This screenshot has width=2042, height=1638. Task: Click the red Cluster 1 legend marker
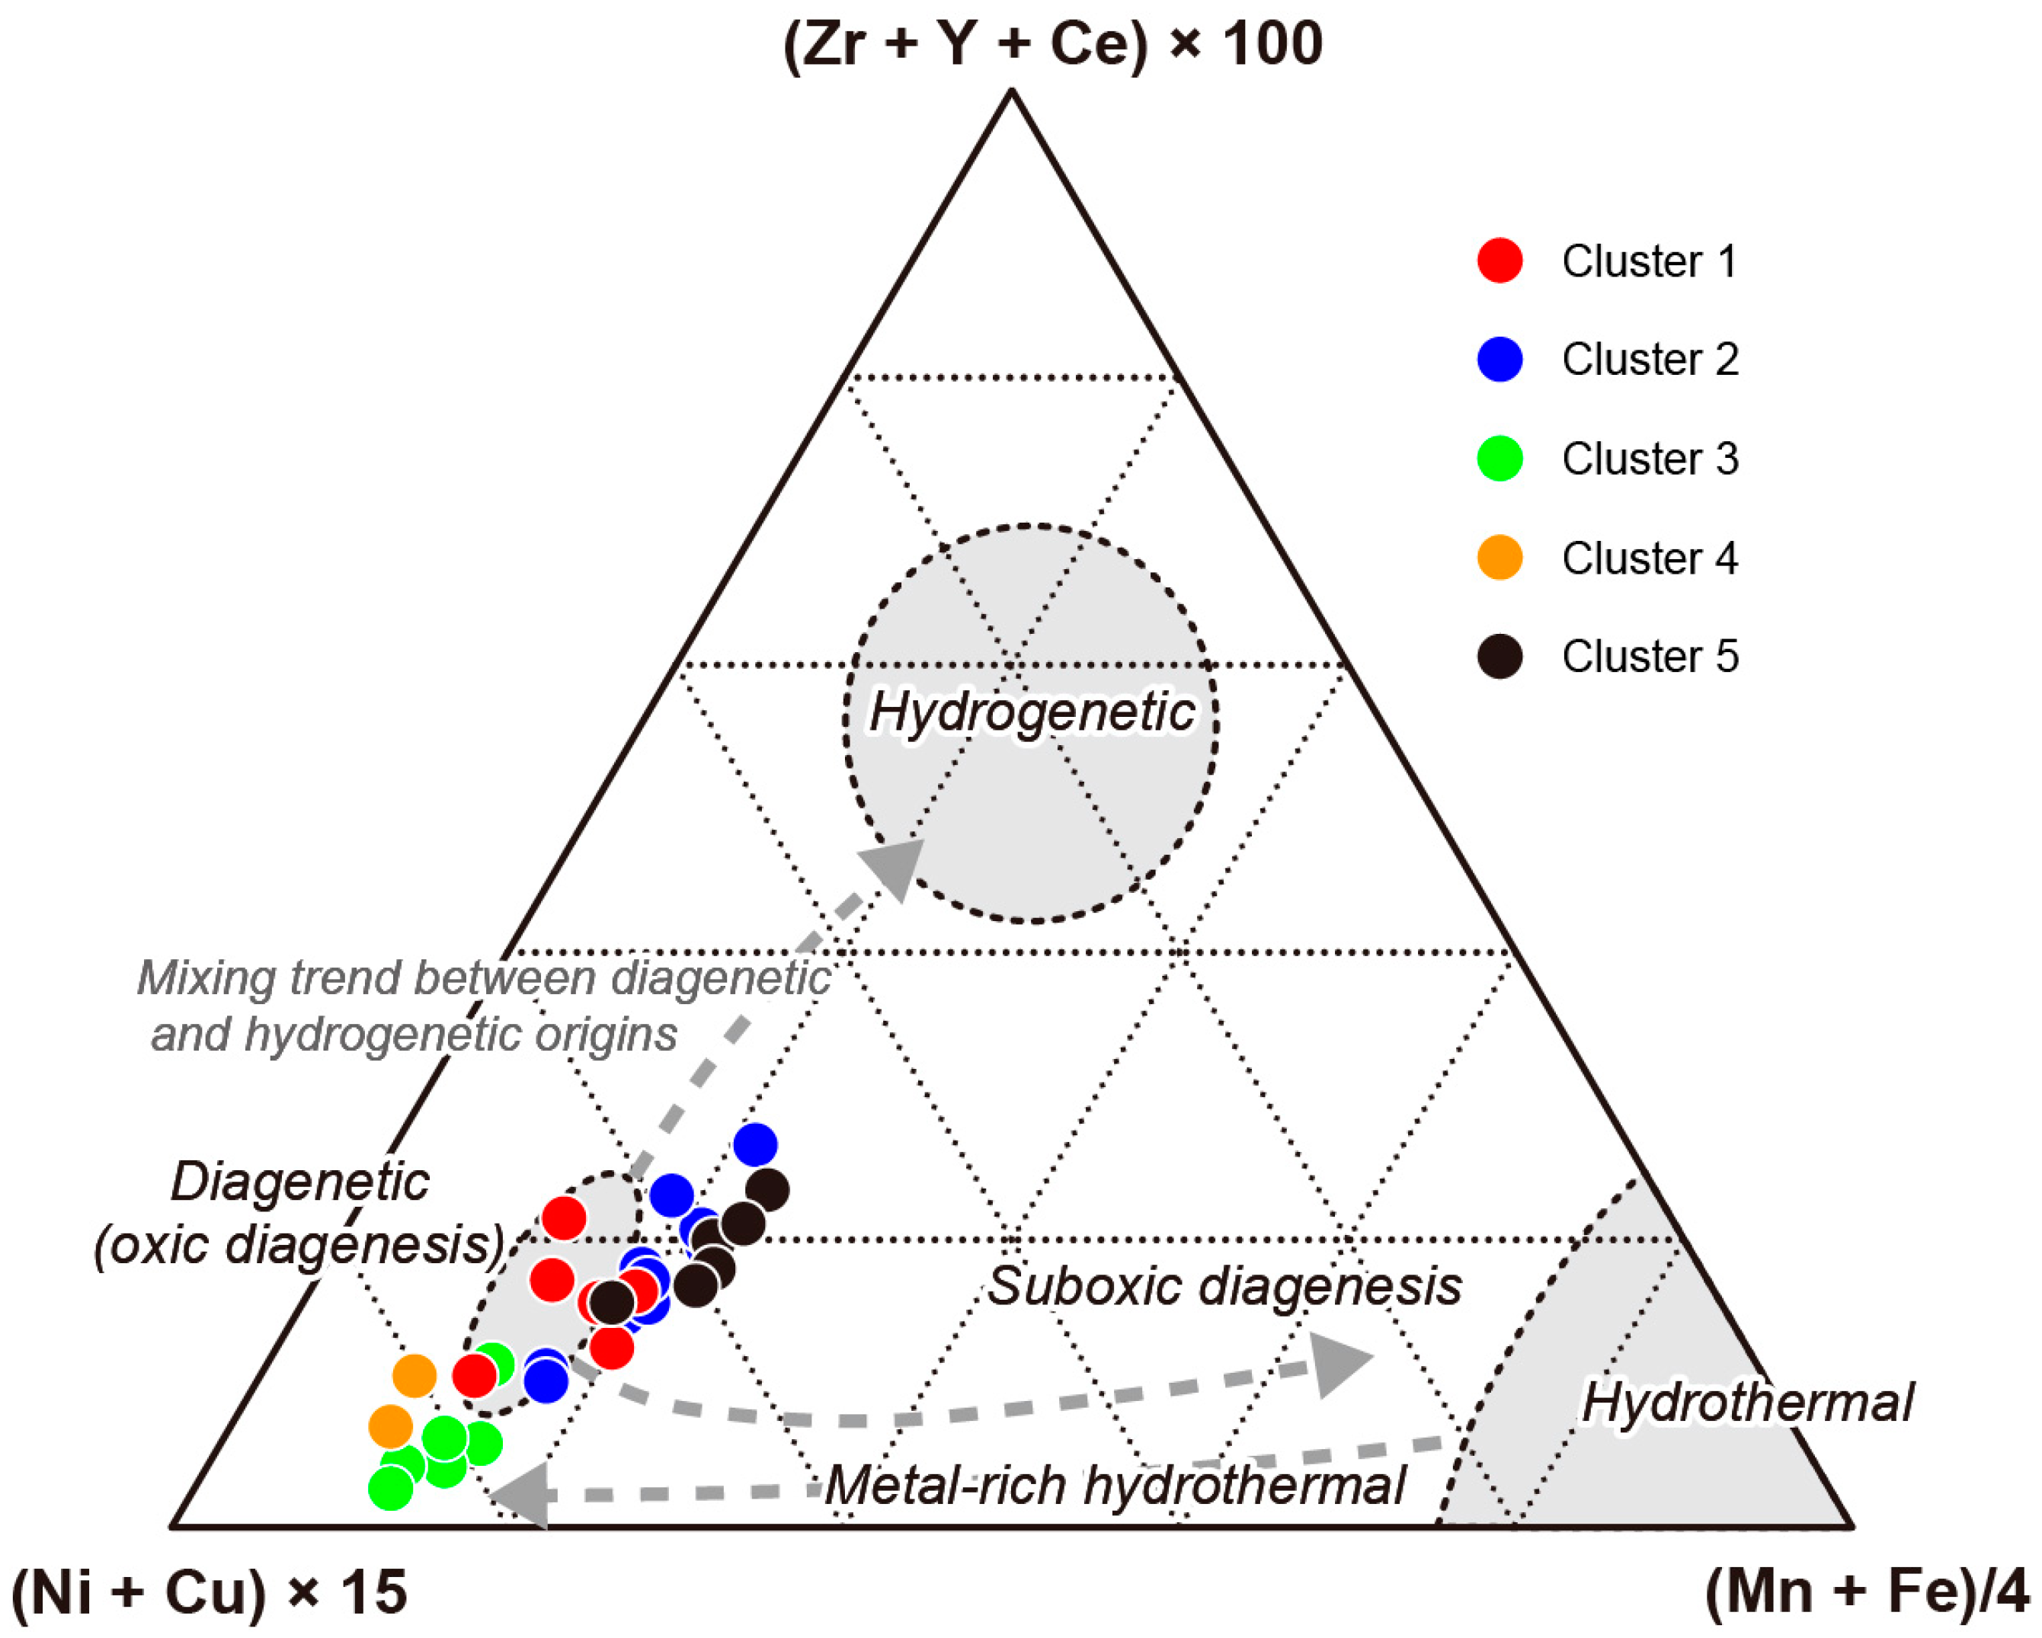point(1499,261)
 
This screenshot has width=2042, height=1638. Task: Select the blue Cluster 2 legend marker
point(1499,359)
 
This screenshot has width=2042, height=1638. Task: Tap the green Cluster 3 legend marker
point(1499,459)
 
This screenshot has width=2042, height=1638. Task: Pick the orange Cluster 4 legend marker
point(1499,557)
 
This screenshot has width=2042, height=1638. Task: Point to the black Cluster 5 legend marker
point(1499,656)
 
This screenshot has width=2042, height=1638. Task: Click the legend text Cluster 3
point(1650,459)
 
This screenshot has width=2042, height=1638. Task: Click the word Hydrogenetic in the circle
point(1032,712)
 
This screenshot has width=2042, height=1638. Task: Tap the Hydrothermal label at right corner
point(1747,1403)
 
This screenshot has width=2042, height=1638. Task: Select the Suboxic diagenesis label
point(1224,1286)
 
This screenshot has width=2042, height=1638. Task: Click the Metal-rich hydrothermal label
point(1115,1485)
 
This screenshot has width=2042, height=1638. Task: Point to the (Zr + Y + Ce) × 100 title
point(1052,43)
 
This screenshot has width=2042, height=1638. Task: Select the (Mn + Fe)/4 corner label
point(1866,1592)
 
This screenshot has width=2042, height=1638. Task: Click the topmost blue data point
point(755,1145)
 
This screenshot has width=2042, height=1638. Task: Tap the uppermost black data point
point(767,1190)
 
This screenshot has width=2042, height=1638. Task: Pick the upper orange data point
point(414,1376)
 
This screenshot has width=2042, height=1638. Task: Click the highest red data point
point(565,1217)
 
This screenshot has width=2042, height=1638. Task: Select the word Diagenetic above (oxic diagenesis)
point(299,1182)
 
